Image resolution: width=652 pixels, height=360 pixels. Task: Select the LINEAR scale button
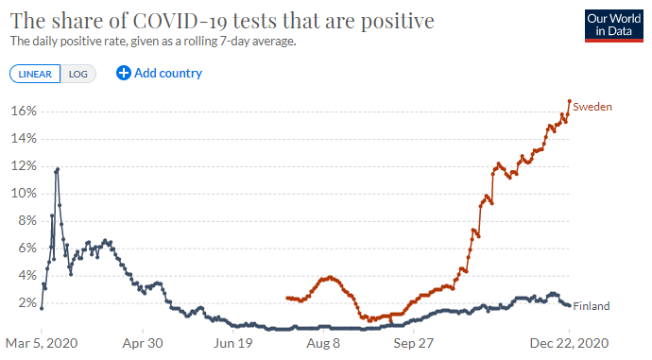click(35, 74)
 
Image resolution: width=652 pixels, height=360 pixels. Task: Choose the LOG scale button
click(77, 74)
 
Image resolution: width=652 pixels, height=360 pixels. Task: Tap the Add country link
click(167, 73)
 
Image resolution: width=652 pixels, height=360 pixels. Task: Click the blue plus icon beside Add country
click(123, 73)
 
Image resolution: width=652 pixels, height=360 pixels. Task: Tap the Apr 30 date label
click(144, 344)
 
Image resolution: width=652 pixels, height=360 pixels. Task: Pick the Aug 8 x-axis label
click(323, 344)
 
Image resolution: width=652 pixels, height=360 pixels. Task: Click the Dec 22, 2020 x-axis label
click(568, 344)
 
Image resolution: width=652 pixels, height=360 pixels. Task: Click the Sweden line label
click(593, 107)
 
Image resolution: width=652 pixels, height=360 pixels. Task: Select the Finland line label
click(592, 306)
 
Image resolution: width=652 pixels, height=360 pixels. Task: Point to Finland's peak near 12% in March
click(58, 169)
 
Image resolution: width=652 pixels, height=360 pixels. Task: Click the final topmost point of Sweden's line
click(569, 101)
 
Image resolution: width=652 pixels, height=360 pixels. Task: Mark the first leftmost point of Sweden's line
click(287, 298)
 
